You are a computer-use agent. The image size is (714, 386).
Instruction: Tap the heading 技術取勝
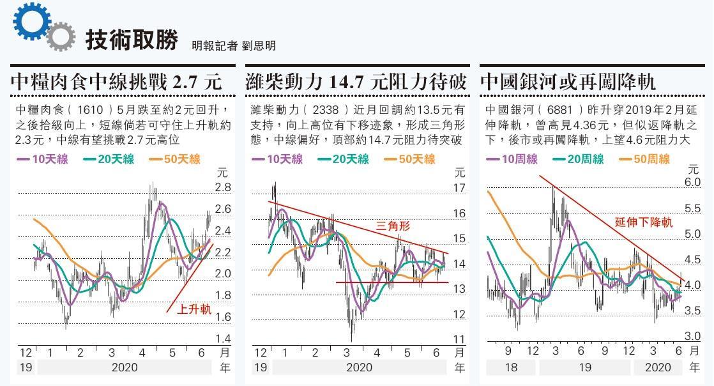click(x=132, y=39)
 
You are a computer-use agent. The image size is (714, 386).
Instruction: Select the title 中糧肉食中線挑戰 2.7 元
click(x=117, y=82)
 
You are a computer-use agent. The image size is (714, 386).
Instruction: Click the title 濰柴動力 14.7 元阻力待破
click(x=356, y=82)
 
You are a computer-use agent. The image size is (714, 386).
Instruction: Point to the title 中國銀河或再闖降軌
click(x=568, y=82)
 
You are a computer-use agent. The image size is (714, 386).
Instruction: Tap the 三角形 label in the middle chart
click(x=393, y=226)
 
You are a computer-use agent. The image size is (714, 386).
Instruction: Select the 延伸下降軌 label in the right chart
click(x=644, y=222)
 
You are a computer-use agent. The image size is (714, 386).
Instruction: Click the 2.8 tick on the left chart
click(x=223, y=187)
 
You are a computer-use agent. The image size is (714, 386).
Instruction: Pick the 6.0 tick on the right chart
click(x=693, y=182)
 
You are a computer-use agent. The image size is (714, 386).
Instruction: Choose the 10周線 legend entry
click(x=515, y=159)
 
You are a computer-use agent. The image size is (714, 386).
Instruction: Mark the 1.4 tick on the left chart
click(x=223, y=339)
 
